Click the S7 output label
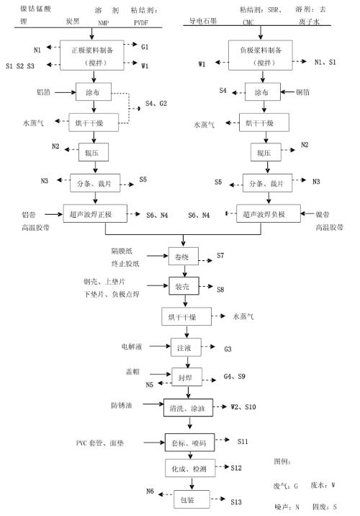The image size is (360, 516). coord(220,256)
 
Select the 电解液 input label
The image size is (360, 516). coord(133,347)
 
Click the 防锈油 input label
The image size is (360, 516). coord(121,405)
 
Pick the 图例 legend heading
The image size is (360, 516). coord(282,461)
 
